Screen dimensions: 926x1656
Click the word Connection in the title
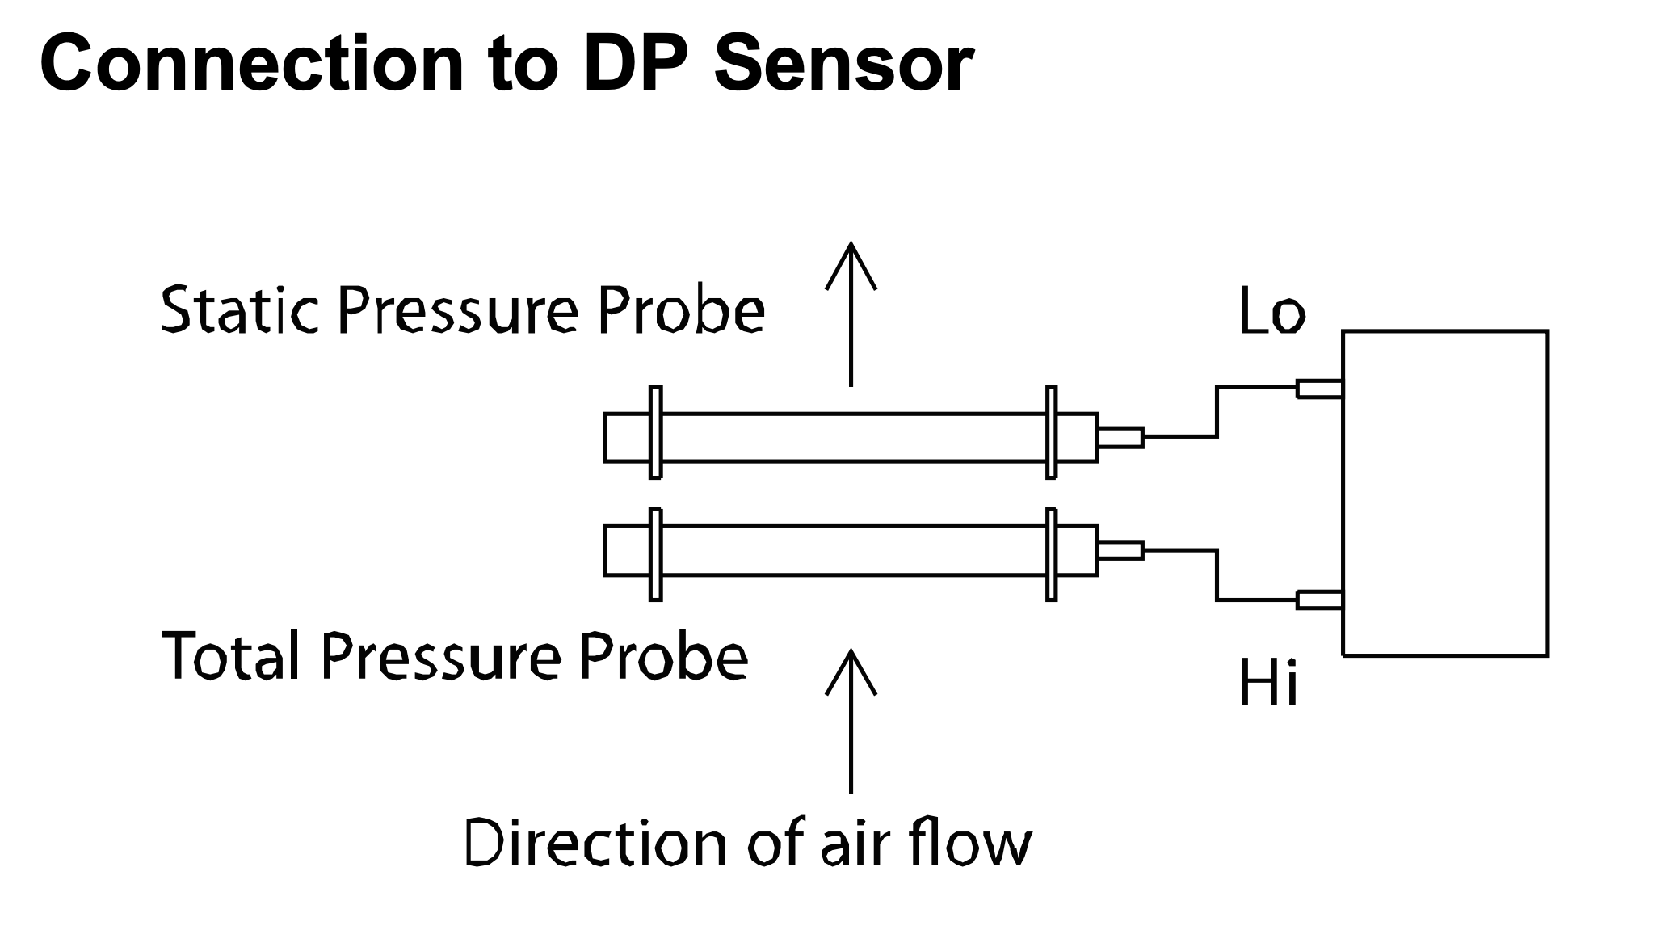tap(251, 65)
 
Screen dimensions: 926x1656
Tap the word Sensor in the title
tap(843, 65)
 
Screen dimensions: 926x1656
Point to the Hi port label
tap(1267, 684)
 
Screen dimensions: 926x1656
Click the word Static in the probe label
tap(240, 310)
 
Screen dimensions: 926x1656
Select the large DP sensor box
tap(1445, 493)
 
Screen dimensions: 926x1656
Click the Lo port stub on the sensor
tap(1319, 389)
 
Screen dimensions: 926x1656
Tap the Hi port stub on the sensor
tap(1319, 600)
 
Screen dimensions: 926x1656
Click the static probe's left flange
tap(655, 433)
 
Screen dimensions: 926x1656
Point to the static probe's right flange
tap(1051, 433)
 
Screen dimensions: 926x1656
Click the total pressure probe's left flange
tap(655, 554)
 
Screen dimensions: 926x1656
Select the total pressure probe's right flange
tap(1051, 554)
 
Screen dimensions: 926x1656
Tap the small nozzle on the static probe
tap(1120, 437)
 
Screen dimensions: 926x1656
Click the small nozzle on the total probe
tap(1120, 550)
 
